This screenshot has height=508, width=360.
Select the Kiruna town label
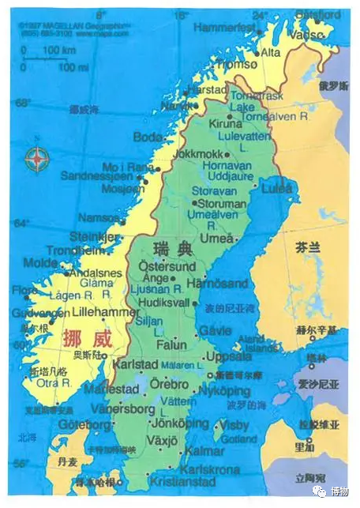pos(227,124)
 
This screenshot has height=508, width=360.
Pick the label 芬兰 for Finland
pos(308,247)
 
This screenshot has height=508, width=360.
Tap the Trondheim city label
pos(76,250)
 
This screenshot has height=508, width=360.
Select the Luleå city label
pos(276,189)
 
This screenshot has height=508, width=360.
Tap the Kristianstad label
pos(185,482)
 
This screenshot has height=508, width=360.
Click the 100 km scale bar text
pos(57,51)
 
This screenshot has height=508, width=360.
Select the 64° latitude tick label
pos(22,224)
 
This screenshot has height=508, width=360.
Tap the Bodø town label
pos(148,137)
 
